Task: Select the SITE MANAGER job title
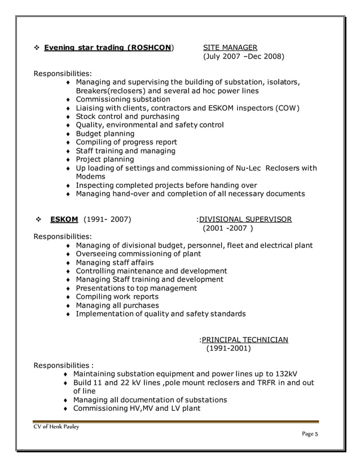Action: coord(230,47)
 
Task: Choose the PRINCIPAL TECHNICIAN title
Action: coord(245,340)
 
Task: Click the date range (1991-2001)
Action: coord(228,349)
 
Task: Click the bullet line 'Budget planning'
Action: coord(105,134)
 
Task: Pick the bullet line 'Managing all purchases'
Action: coord(117,305)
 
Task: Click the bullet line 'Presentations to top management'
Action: coord(136,288)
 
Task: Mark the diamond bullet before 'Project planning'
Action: coord(68,160)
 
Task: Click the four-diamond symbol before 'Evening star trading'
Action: coord(36,47)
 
